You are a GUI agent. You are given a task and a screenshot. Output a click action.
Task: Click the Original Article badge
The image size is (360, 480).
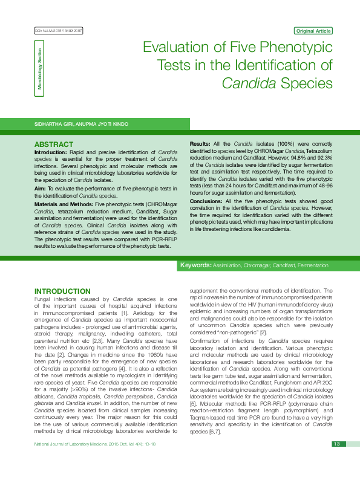click(x=313, y=31)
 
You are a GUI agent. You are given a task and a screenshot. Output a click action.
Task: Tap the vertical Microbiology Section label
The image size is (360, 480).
click(x=40, y=70)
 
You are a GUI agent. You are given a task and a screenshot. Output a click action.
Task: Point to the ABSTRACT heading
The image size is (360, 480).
click(x=54, y=145)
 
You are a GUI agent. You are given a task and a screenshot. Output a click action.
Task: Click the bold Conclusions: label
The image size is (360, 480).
click(x=206, y=201)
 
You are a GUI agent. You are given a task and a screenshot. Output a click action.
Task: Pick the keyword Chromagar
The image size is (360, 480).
click(x=255, y=265)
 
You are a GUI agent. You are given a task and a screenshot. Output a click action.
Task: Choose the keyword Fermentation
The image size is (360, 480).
click(x=313, y=265)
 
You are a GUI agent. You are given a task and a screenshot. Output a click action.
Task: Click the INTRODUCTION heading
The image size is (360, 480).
click(x=62, y=291)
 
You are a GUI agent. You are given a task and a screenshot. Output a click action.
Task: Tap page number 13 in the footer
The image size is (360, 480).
click(x=336, y=461)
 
